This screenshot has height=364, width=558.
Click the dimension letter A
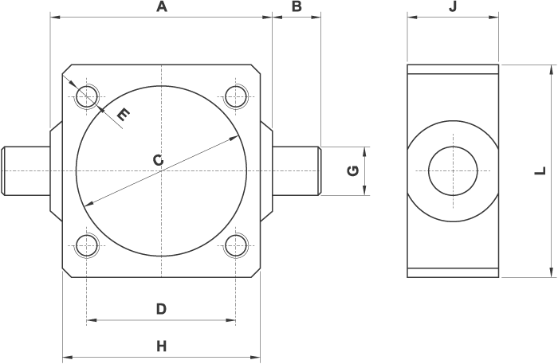coord(162,7)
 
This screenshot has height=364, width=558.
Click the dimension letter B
coord(296,7)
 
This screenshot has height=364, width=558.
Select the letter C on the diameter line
coord(158,161)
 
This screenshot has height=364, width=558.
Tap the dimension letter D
coord(160,309)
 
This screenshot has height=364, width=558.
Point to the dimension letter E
coord(122,115)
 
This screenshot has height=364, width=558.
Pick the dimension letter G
coord(354,170)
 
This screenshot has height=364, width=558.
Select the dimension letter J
coord(453,7)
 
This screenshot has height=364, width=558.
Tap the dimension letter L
coord(540,170)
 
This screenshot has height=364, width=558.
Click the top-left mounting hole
coord(86,97)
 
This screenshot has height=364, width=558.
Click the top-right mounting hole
coord(235,97)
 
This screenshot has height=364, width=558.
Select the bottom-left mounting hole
coord(86,245)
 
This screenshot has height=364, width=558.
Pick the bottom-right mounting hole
coord(235,245)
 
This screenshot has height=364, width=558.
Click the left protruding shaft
coord(26,170)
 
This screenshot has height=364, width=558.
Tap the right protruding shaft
coord(297,170)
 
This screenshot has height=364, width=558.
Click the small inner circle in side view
coord(453,170)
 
